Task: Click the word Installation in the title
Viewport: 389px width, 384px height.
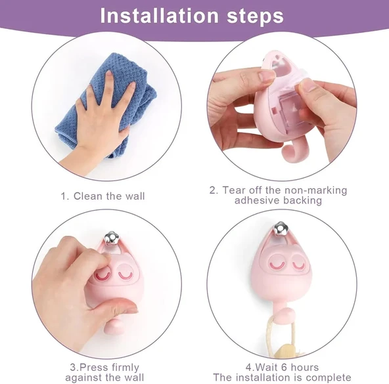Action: (x=159, y=16)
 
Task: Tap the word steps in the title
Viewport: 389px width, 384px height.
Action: (x=255, y=17)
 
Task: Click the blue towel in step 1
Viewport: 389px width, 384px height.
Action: (x=104, y=104)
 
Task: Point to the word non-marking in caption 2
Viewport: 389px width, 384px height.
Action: (x=315, y=190)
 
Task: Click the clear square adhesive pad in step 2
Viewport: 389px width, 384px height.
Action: (x=293, y=114)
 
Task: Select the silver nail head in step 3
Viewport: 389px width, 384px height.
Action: (x=112, y=238)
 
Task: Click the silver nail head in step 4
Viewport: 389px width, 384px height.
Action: (x=281, y=228)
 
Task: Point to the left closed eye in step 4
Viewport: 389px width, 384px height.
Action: (x=277, y=265)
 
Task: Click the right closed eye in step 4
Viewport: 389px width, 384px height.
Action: (x=298, y=264)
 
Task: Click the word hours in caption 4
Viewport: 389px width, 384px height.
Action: (x=305, y=367)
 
